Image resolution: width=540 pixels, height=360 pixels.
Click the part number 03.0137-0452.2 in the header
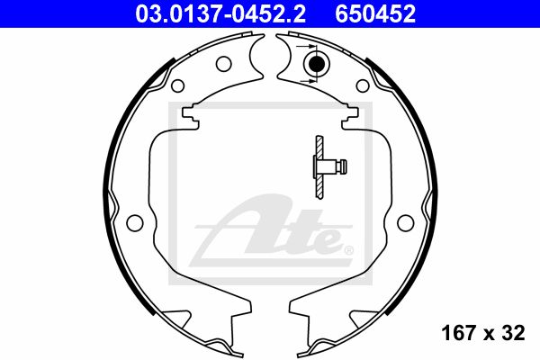[220, 14]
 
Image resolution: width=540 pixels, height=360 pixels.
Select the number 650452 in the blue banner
[375, 14]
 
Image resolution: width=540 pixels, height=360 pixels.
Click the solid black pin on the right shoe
[317, 64]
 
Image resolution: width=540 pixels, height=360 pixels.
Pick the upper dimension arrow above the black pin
[306, 46]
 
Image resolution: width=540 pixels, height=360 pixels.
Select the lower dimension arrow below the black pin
[308, 81]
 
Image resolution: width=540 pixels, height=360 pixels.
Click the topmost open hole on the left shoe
[223, 63]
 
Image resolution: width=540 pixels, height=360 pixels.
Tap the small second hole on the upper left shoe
[177, 85]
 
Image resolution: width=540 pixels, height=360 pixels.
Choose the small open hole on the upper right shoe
[363, 85]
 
